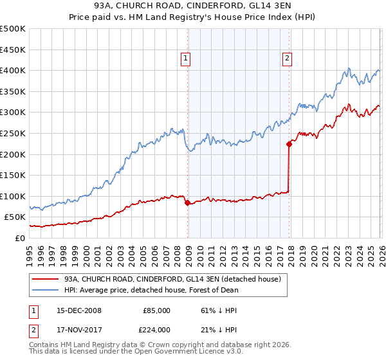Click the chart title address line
(193, 6)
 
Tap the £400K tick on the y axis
(13, 70)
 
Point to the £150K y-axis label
(13, 175)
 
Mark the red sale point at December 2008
(187, 203)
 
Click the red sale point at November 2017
(289, 144)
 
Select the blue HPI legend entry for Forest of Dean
(151, 290)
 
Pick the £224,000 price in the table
(156, 330)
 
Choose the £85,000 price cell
(156, 310)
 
